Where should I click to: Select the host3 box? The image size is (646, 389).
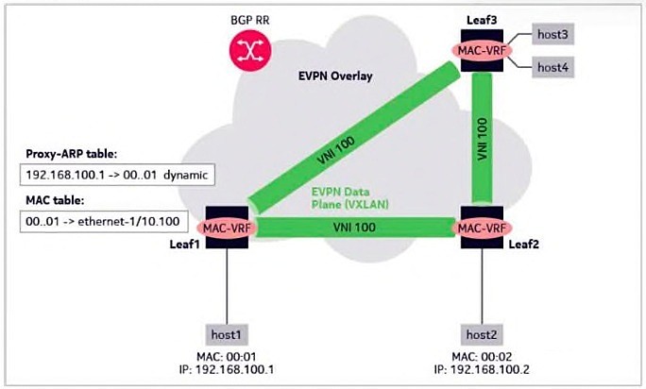557,35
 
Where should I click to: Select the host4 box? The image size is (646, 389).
557,66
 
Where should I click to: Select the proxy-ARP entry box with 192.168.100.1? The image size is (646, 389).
119,174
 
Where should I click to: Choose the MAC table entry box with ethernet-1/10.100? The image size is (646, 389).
119,223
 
